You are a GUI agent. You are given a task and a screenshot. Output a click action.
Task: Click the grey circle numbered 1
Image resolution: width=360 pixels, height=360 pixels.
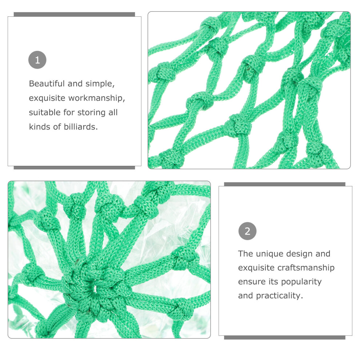point(37,60)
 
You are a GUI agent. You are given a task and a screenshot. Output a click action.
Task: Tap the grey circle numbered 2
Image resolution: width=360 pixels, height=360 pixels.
point(248,231)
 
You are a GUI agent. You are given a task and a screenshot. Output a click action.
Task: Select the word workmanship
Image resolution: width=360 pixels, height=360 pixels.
point(97,98)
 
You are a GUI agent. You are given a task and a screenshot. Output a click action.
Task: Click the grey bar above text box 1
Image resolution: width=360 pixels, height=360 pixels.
point(75,15)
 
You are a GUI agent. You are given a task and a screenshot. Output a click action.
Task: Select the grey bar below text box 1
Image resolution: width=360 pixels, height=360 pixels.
point(75,168)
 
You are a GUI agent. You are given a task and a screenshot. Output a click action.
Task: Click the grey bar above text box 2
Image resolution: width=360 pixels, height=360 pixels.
point(285,184)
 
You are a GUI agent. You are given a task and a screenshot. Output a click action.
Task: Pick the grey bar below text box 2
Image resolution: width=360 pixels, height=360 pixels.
point(285,337)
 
